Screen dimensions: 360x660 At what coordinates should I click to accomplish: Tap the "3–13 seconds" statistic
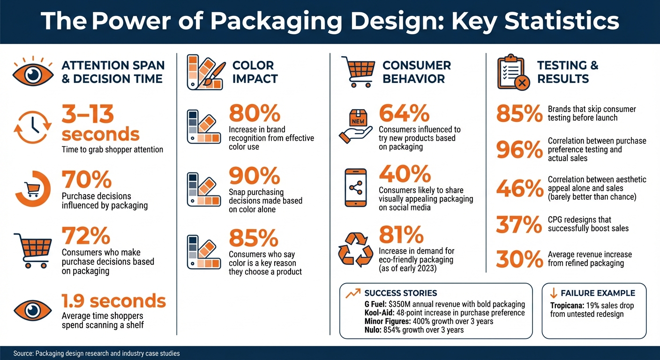pos(100,123)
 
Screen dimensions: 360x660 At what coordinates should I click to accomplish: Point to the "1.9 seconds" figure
pos(113,300)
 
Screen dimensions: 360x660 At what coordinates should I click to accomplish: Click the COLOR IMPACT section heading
pos(255,72)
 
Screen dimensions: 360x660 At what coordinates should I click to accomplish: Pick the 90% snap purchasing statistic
pos(254,176)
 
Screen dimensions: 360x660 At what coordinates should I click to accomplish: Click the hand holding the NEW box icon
pos(357,126)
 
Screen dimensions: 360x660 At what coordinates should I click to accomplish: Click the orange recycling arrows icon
pos(356,250)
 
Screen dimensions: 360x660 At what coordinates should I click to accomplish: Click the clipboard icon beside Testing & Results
pos(512,72)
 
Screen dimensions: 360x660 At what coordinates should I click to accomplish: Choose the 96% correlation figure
pos(519,150)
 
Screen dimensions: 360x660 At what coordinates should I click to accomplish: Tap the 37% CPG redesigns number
pos(519,225)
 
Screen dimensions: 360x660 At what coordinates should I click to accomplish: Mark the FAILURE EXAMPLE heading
pos(598,293)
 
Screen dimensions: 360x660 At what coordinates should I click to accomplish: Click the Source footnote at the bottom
pos(97,353)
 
